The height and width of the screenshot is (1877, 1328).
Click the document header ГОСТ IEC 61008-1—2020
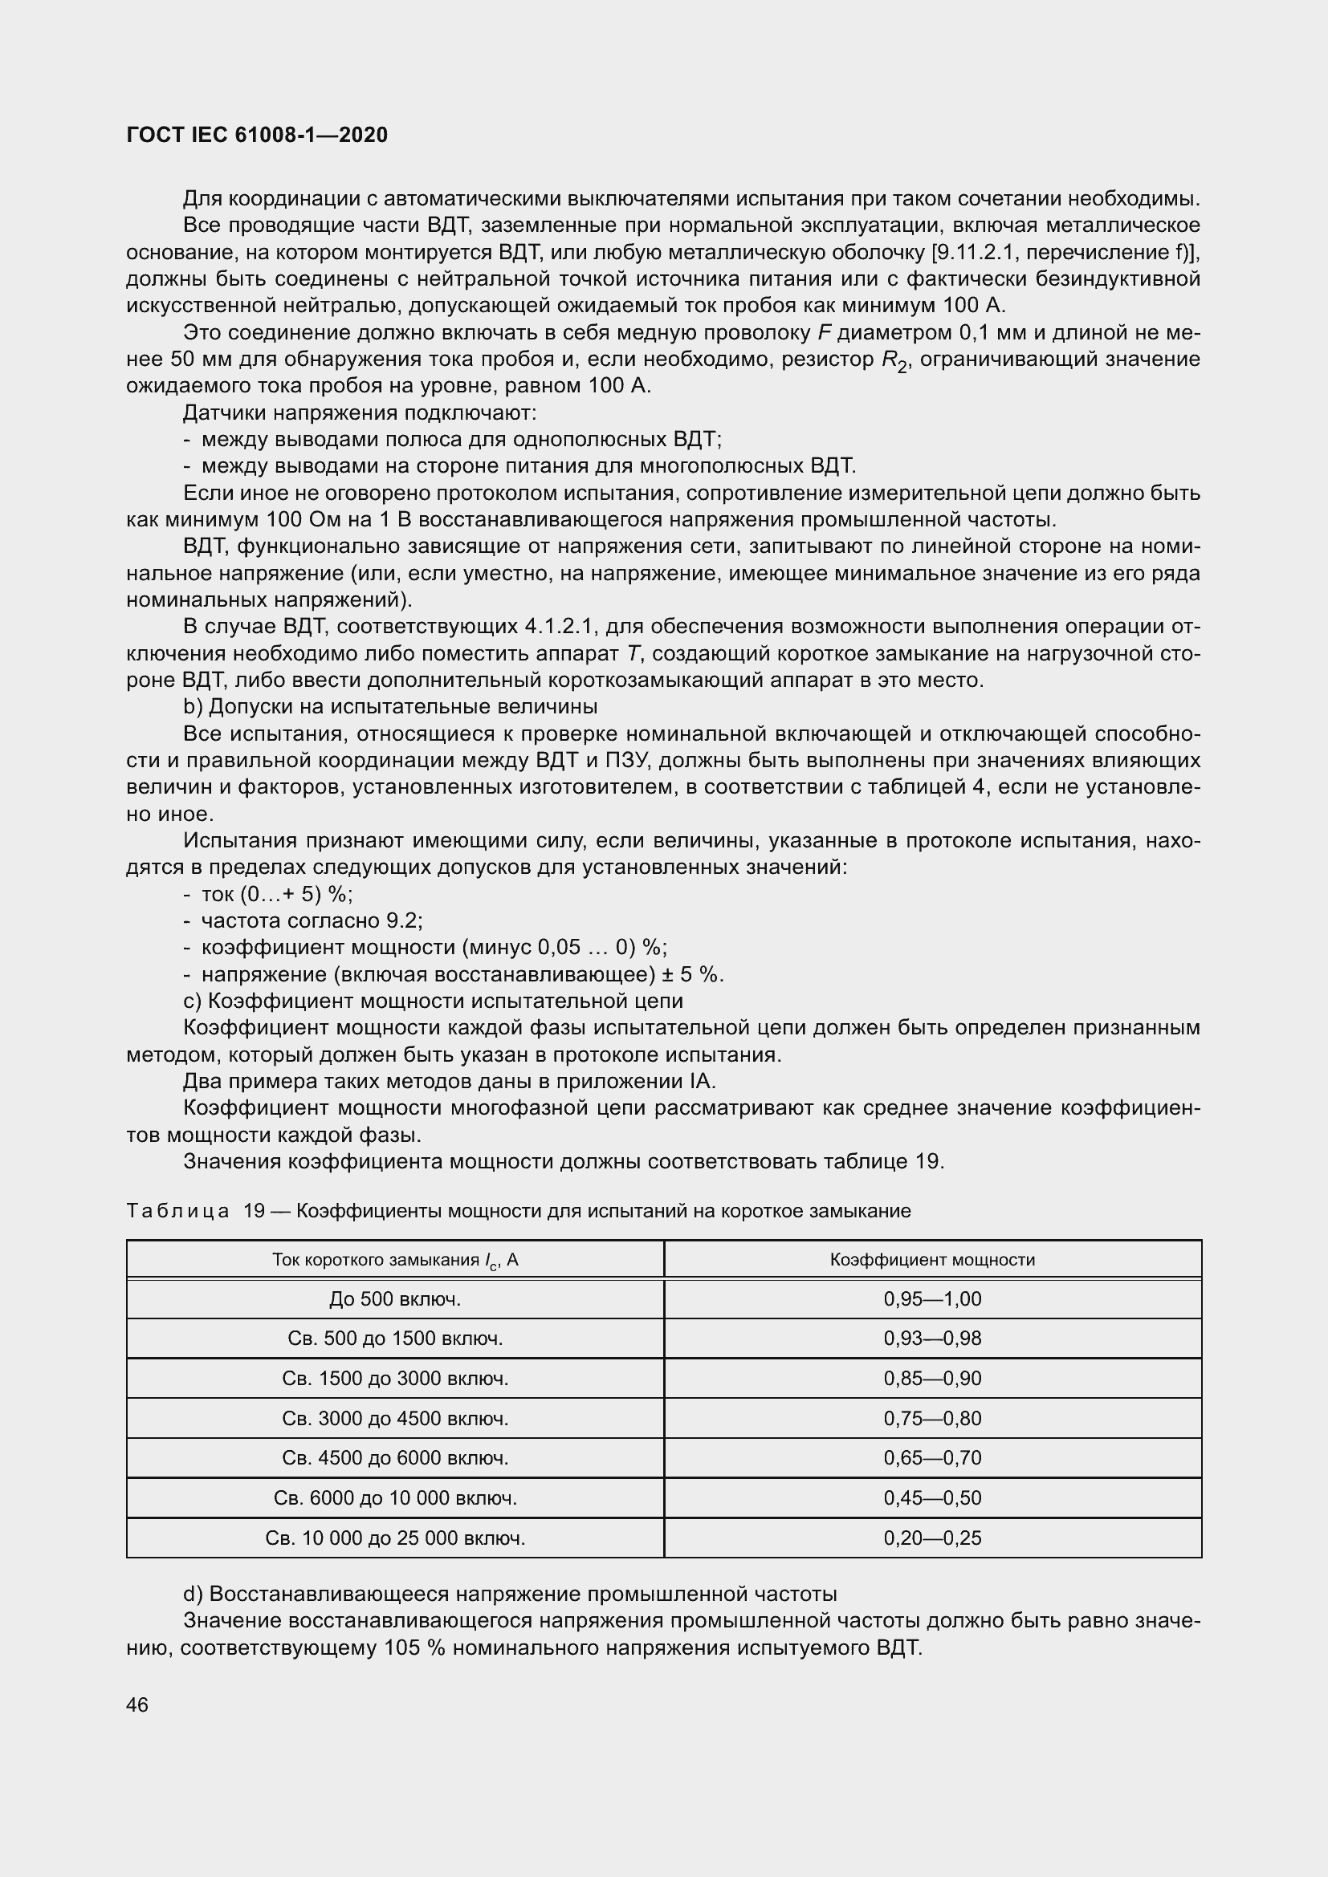[x=257, y=136]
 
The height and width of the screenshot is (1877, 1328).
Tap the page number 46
[x=137, y=1704]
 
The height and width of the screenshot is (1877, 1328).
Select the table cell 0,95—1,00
[x=932, y=1299]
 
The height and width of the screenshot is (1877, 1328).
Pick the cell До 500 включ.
[x=395, y=1299]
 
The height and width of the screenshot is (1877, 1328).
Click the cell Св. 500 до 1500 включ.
[x=395, y=1339]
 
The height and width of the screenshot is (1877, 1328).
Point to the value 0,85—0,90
[x=932, y=1379]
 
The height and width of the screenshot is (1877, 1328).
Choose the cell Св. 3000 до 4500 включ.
[x=395, y=1418]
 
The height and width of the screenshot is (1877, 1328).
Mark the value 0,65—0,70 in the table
[x=932, y=1457]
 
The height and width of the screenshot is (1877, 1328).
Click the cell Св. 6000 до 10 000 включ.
[x=395, y=1497]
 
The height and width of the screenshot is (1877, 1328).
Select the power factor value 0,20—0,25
[x=932, y=1538]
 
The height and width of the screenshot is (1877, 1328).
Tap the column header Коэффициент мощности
[x=932, y=1260]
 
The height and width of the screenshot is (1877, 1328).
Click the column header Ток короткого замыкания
[x=395, y=1260]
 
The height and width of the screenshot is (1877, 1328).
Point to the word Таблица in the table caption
[x=177, y=1211]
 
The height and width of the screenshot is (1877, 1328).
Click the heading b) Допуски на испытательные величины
[x=390, y=706]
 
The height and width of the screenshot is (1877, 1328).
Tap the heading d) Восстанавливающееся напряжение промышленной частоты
[x=510, y=1594]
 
